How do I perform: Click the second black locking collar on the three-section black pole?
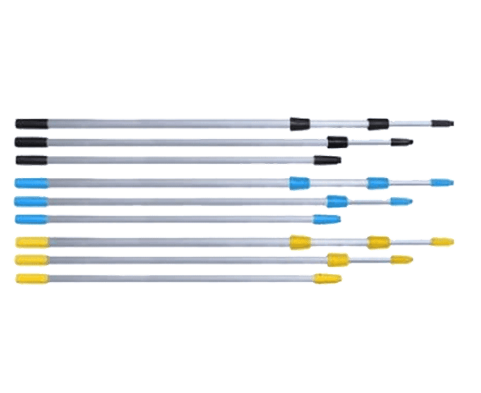(377, 122)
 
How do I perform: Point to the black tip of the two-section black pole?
(401, 141)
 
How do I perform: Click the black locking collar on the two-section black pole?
(338, 141)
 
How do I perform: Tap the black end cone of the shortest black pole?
(328, 160)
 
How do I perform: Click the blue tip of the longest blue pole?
(442, 183)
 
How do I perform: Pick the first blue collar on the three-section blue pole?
(300, 183)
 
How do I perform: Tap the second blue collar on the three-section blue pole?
(377, 183)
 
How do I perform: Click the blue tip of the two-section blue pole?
(400, 201)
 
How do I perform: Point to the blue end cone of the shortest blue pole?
(327, 219)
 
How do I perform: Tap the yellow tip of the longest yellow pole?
(443, 242)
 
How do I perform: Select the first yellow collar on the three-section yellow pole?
(300, 242)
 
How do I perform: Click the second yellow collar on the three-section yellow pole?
(378, 242)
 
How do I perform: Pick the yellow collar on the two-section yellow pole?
(338, 259)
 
